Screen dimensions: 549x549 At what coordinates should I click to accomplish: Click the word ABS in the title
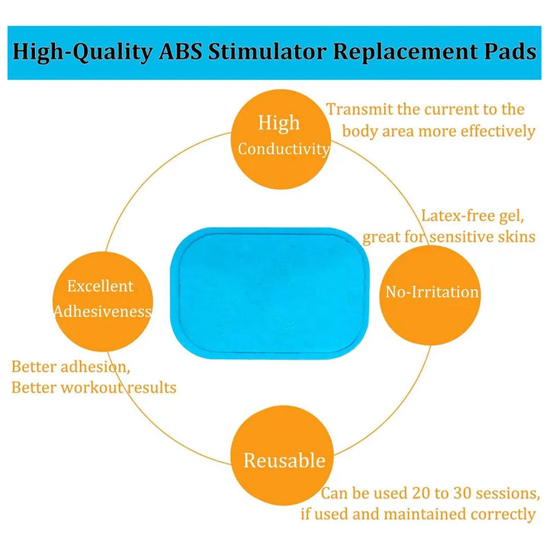(180, 52)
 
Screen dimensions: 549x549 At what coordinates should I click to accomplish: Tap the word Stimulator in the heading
(267, 52)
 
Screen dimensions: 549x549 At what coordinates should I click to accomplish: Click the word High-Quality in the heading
(82, 53)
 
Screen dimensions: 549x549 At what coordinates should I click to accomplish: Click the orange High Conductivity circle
(281, 140)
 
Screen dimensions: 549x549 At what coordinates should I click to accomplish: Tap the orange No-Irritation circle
(430, 295)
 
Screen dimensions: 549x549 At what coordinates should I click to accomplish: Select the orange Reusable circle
(282, 455)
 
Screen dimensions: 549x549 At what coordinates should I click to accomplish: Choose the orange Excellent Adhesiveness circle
(103, 301)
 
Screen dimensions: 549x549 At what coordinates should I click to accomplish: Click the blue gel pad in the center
(270, 294)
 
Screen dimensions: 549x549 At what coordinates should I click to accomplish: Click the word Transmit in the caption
(360, 110)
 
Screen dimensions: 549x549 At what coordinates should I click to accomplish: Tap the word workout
(92, 388)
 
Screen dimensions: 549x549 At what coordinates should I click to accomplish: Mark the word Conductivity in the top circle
(284, 149)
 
